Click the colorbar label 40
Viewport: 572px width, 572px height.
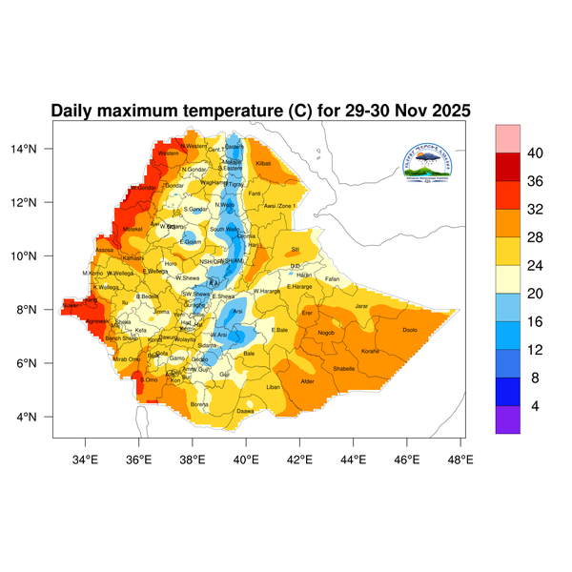[536, 153]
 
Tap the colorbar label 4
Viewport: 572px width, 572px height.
[536, 405]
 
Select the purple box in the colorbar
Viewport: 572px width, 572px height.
[507, 420]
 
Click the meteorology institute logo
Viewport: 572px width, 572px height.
[425, 162]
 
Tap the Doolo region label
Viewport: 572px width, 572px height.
[410, 330]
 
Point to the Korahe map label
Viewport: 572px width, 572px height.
[371, 352]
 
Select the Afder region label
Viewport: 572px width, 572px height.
[308, 381]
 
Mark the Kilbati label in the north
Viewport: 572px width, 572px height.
[264, 165]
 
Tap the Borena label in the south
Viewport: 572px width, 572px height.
[199, 404]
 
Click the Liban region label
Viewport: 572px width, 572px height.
[274, 387]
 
